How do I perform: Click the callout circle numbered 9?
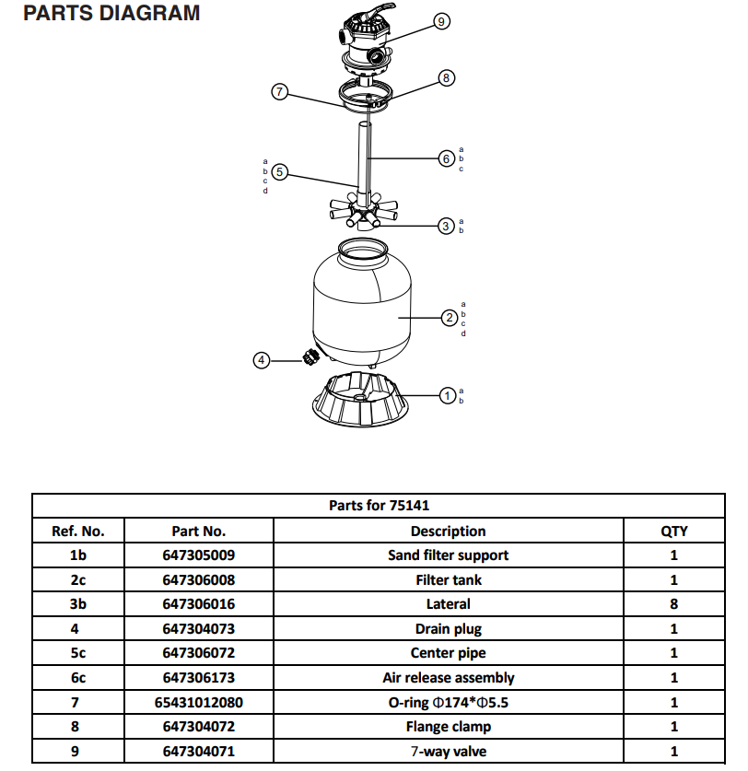tap(442, 21)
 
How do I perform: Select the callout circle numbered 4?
tap(262, 360)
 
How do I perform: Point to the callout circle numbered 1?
tap(447, 395)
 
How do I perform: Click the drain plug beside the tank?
tap(310, 357)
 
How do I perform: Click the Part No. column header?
tap(198, 531)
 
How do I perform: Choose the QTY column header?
tap(673, 531)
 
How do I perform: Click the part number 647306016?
tap(198, 604)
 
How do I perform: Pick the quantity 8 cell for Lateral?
tap(673, 604)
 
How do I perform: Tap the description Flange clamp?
tap(448, 727)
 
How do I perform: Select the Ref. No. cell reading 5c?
tap(78, 653)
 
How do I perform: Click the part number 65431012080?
tap(198, 702)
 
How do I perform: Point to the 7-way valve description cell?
tap(448, 751)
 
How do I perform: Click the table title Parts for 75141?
tap(379, 506)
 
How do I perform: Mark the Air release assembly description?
tap(448, 678)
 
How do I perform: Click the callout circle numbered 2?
tap(449, 318)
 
